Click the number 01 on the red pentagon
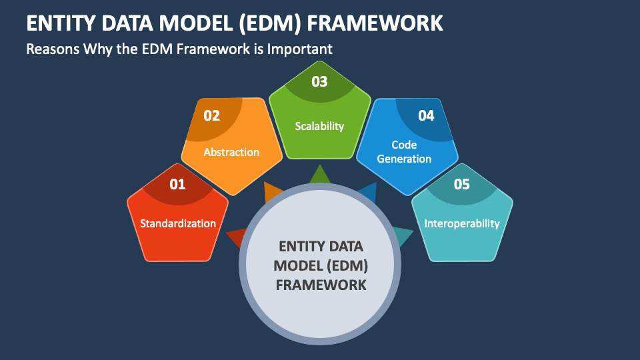point(177,185)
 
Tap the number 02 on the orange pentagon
point(212,116)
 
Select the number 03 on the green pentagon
point(319,81)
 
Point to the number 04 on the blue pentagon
point(426,116)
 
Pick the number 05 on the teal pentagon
point(461,185)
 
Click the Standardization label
point(178,223)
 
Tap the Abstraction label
point(231,152)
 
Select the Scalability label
point(319,126)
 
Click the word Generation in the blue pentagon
point(404,159)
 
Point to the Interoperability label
point(462,224)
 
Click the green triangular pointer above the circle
point(320,175)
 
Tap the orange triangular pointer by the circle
point(273,192)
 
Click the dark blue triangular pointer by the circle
point(368,193)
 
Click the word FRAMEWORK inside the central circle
point(321,285)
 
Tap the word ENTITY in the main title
point(61,23)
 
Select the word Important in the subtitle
point(299,49)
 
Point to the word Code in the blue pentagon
point(404,145)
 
